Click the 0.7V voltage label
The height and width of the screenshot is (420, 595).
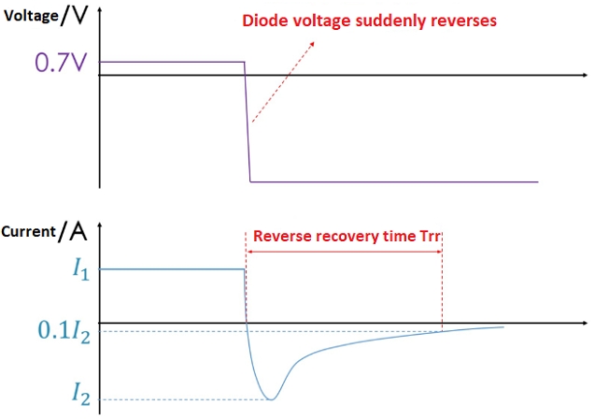[61, 63]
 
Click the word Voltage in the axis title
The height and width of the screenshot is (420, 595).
[31, 16]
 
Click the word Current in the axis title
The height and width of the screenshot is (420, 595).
[29, 231]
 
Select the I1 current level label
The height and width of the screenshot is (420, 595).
[81, 269]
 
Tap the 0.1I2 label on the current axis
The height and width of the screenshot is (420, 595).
[64, 332]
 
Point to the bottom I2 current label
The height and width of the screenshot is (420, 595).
[81, 394]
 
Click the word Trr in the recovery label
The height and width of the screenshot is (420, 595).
[430, 236]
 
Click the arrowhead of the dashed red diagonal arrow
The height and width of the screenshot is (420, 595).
[312, 44]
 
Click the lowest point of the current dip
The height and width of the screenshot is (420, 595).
[271, 399]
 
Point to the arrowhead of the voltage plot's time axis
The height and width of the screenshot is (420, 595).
[585, 75]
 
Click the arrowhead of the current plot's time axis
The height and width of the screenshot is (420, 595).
[585, 323]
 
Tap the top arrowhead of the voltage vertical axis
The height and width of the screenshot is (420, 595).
[100, 9]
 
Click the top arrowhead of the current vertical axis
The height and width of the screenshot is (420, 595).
[100, 225]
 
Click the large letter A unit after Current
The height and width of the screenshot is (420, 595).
[78, 231]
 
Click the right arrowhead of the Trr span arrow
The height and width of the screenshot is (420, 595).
[439, 252]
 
